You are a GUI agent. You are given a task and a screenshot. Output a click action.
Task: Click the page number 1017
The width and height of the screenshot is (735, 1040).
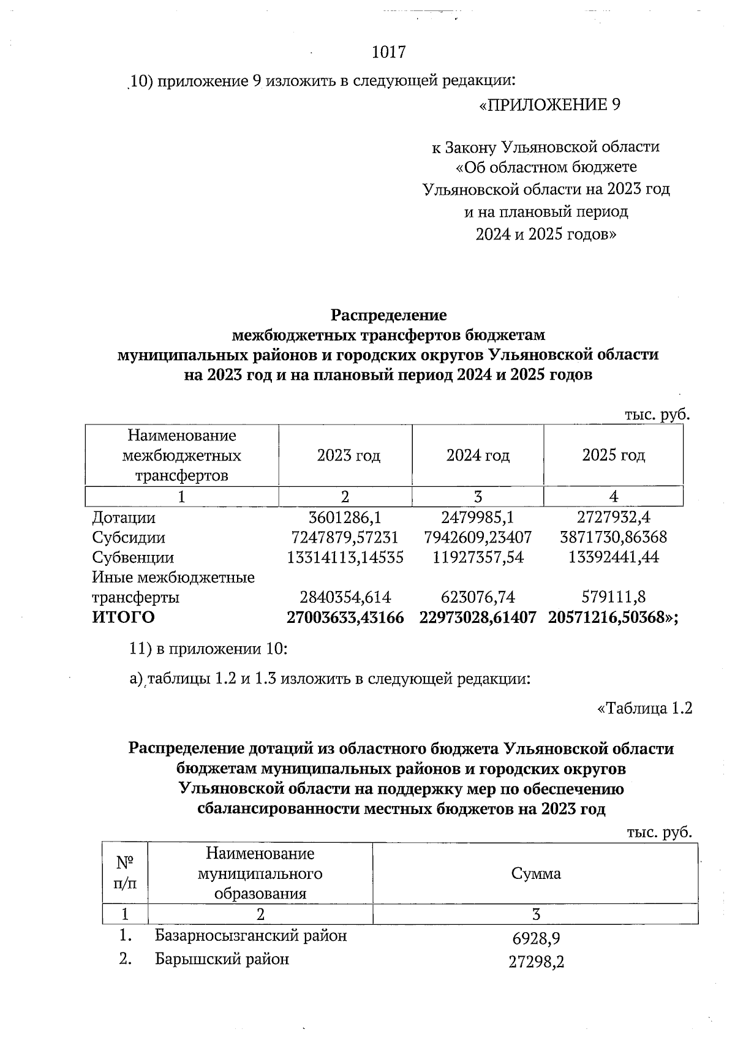[x=389, y=52]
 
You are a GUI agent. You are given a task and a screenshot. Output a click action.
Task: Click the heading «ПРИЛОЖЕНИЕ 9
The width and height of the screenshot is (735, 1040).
[x=549, y=105]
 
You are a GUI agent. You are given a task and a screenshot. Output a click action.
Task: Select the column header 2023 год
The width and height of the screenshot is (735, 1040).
[x=349, y=456]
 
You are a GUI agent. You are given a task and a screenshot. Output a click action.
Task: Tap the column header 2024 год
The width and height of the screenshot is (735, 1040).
[x=478, y=456]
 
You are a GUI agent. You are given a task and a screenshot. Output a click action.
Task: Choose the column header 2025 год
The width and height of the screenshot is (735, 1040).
[x=613, y=456]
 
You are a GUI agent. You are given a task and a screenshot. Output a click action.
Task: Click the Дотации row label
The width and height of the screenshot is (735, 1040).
[x=124, y=518]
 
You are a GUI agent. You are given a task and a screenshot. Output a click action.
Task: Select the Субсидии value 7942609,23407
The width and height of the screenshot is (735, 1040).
[x=478, y=538]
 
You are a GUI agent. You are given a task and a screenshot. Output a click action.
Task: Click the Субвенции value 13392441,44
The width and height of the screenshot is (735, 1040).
[x=613, y=558]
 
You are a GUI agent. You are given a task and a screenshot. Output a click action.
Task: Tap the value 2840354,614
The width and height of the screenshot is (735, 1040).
[x=345, y=597]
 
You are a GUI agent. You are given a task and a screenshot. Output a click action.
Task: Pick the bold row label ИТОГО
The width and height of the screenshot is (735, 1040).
[x=123, y=617]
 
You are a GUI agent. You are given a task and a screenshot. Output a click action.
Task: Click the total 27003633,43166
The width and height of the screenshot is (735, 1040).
[x=345, y=617]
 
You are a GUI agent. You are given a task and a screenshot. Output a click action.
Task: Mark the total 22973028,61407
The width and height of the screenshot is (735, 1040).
[x=478, y=617]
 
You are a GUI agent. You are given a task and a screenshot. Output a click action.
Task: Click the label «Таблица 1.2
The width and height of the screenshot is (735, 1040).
[x=644, y=709]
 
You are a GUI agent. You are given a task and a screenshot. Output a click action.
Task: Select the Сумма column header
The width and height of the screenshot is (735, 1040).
[x=536, y=873]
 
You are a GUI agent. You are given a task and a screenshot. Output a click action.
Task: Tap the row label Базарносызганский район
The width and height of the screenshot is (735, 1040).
[x=251, y=936]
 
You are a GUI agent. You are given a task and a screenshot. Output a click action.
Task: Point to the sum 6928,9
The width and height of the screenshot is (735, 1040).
[x=536, y=938]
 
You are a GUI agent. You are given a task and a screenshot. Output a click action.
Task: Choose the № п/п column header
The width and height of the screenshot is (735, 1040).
[x=125, y=873]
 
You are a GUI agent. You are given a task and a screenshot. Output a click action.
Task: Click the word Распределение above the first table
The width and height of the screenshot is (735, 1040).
[x=389, y=315]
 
